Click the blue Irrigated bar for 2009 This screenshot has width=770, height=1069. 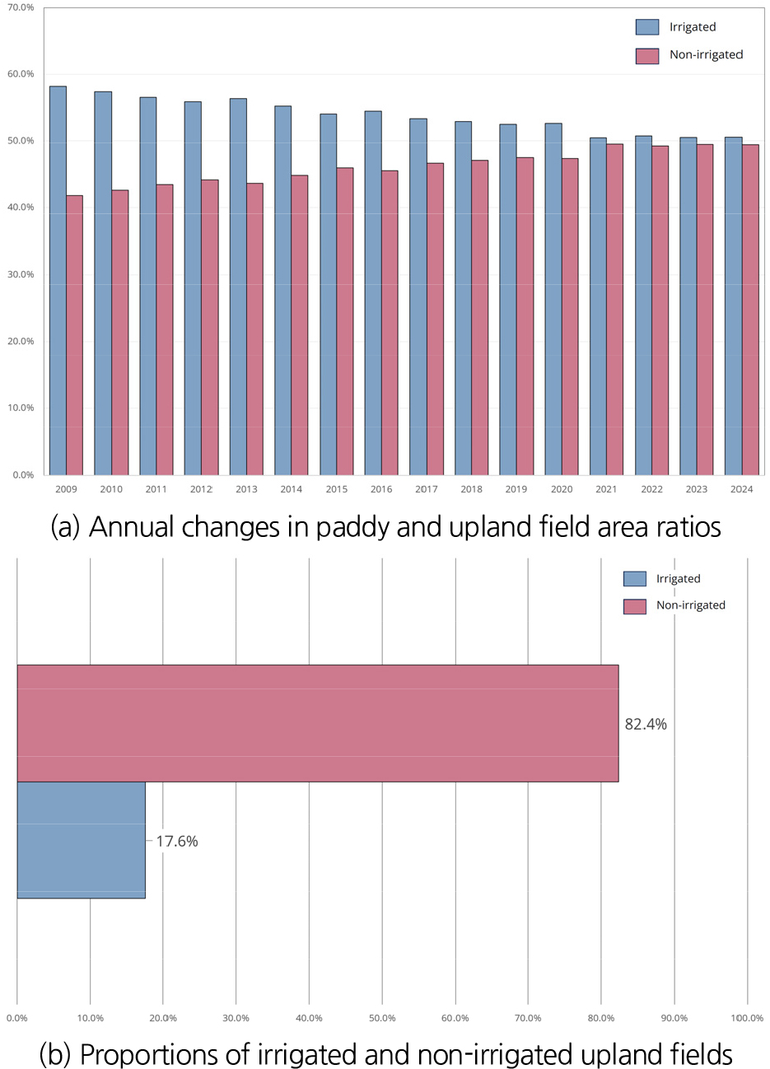click(x=58, y=281)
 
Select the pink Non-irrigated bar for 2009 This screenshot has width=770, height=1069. click(x=74, y=335)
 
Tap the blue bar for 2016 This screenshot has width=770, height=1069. click(x=373, y=293)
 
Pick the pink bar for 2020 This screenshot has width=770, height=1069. click(x=570, y=317)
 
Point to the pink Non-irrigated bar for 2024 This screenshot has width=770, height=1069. click(x=750, y=310)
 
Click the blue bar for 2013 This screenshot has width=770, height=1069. click(x=238, y=287)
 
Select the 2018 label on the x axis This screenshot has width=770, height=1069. click(x=471, y=489)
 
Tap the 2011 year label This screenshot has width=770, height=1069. click(x=156, y=489)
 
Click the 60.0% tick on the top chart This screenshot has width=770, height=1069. click(x=21, y=74)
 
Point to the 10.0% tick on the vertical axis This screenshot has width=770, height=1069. click(x=21, y=408)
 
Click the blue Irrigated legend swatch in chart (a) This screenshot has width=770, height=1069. click(x=647, y=27)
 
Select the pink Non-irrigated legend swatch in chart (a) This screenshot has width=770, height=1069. click(x=647, y=56)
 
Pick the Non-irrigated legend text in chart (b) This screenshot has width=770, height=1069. click(x=690, y=605)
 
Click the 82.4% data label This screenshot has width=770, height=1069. click(x=646, y=724)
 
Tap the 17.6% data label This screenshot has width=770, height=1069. click(x=177, y=841)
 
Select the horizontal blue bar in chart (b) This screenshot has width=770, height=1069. click(x=81, y=840)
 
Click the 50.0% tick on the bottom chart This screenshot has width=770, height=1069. click(x=382, y=1017)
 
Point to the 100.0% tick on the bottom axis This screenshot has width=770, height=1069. click(x=747, y=1017)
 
